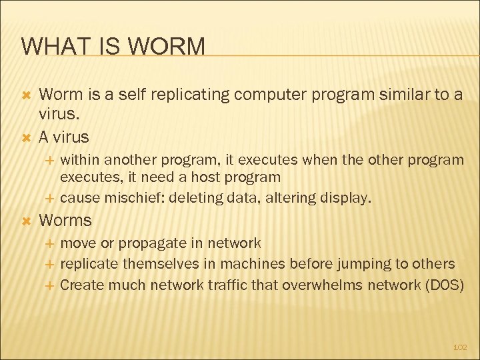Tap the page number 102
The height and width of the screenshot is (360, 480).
pyautogui.click(x=460, y=347)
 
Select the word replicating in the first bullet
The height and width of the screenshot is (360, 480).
pyautogui.click(x=185, y=95)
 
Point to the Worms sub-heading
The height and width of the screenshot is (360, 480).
pyautogui.click(x=65, y=220)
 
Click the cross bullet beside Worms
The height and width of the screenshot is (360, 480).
pyautogui.click(x=27, y=220)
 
